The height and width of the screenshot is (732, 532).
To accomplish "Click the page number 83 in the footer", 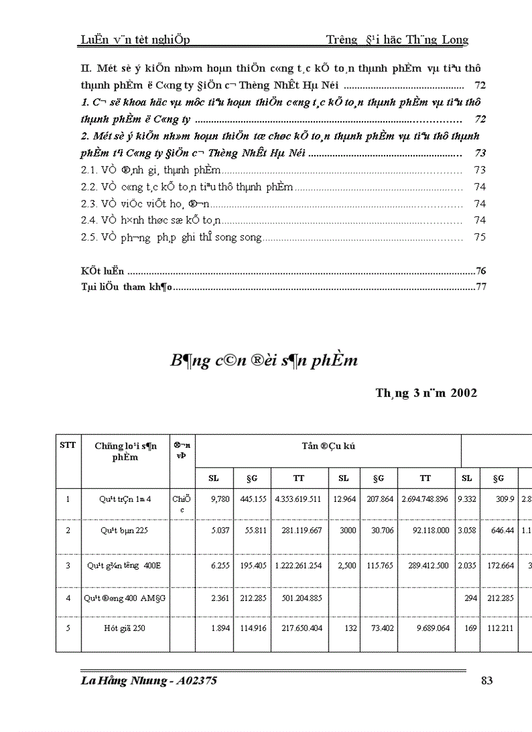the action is pyautogui.click(x=486, y=681).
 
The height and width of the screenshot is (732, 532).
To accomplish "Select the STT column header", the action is pyautogui.click(x=67, y=446).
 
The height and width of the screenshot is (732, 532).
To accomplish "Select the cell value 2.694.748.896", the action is pyautogui.click(x=425, y=499).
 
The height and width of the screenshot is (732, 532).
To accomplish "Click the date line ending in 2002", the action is pyautogui.click(x=426, y=393).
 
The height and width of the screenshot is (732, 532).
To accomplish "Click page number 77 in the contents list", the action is pyautogui.click(x=482, y=287).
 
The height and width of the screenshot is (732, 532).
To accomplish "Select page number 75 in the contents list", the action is pyautogui.click(x=480, y=237).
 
